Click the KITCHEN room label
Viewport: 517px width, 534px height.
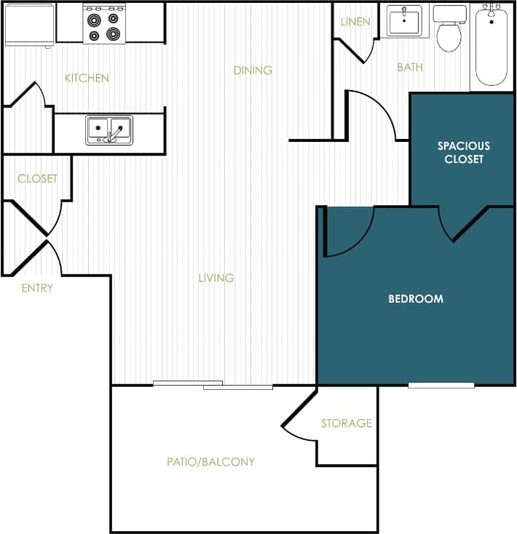[87, 78]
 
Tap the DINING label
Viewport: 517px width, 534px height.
[253, 71]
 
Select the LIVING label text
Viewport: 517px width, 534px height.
[216, 278]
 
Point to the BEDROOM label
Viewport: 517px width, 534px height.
[415, 299]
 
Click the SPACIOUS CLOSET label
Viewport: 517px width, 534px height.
[463, 152]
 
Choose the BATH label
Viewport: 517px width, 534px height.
[409, 68]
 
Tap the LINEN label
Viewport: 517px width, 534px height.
[355, 22]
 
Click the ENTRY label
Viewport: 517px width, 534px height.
[36, 288]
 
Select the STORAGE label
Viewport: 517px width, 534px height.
[347, 423]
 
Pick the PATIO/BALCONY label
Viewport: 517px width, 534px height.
[210, 462]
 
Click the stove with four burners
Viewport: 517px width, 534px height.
[104, 24]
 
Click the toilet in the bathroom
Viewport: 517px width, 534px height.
[449, 28]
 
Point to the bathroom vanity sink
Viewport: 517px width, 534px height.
[403, 20]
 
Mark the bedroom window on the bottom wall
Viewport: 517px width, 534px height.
[441, 385]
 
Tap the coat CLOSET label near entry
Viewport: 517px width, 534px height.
[37, 179]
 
